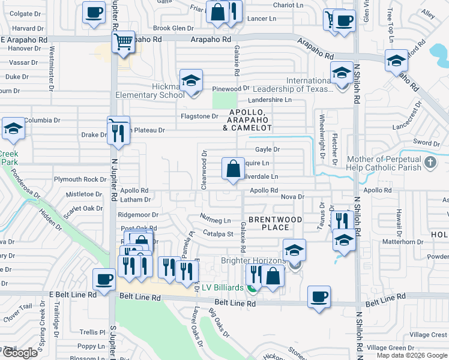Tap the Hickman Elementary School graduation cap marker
coord(191,80)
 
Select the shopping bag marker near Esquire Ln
coord(232,168)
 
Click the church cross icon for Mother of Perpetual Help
coord(430,162)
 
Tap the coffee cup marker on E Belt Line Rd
coord(104,280)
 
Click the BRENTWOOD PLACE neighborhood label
coord(268,223)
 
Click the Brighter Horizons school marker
coord(294,251)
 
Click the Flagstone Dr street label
coord(200,116)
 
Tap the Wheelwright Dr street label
coord(322,132)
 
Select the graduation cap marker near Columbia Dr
coord(13,128)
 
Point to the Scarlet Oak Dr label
coord(85,208)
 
